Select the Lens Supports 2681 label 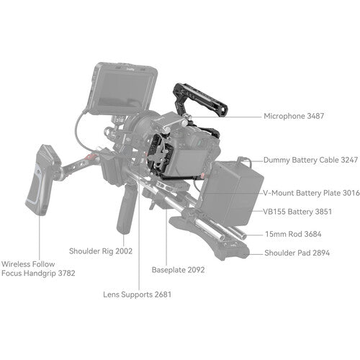(x=137, y=294)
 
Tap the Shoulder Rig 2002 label (x=102, y=251)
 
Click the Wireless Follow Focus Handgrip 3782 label (x=37, y=268)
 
